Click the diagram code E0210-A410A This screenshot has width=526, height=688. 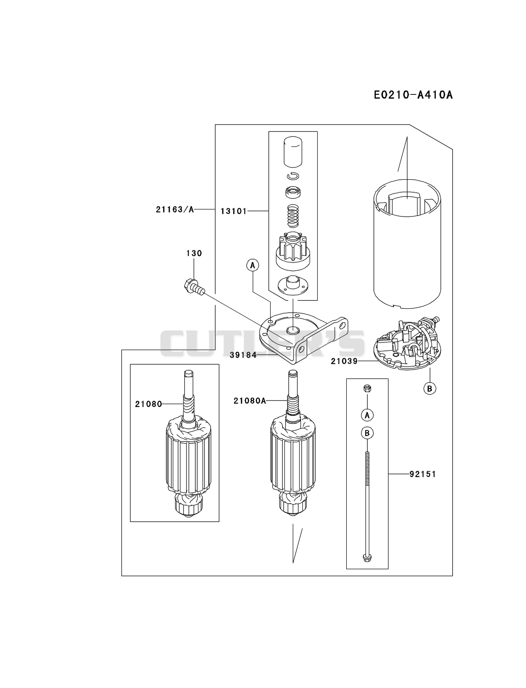(413, 95)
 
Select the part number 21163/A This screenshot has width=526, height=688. (175, 209)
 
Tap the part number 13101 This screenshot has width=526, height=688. (234, 211)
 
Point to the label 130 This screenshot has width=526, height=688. (194, 253)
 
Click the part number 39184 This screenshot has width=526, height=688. (243, 355)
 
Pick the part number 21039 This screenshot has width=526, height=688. (344, 361)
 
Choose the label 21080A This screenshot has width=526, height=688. (250, 401)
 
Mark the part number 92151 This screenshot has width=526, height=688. (423, 474)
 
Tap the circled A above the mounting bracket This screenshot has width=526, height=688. (253, 265)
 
